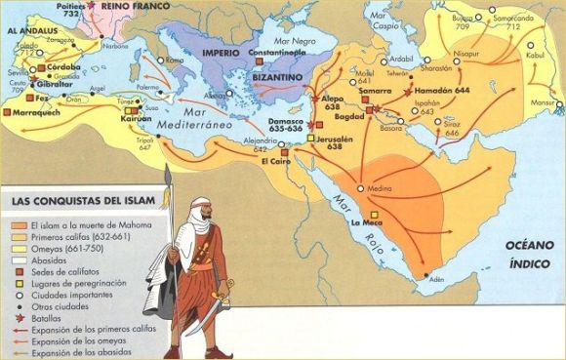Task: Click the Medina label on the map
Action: tap(380, 188)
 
